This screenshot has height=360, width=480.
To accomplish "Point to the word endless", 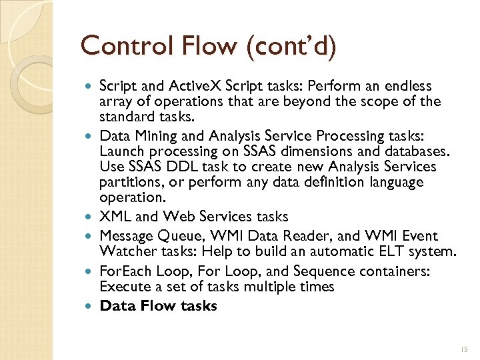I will click(407, 86).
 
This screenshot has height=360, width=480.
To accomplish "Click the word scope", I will click(382, 101).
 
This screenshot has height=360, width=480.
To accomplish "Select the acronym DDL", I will click(172, 165).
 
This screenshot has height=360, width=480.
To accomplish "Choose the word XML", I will click(113, 217).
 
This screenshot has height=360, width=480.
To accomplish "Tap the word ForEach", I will click(125, 271).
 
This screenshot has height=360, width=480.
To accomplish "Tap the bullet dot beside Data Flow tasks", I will click(90, 306).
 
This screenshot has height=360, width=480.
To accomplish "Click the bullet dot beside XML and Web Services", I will click(90, 217).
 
